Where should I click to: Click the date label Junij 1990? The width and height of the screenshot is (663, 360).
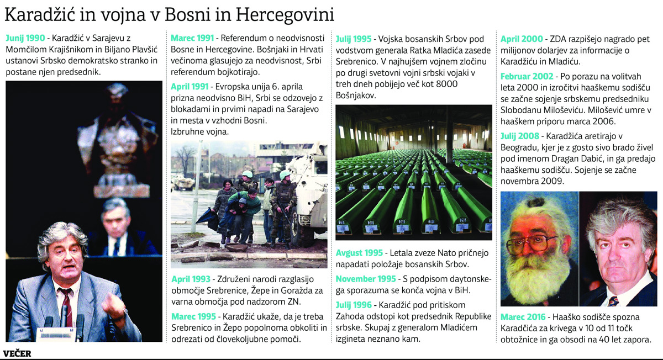pos(25,39)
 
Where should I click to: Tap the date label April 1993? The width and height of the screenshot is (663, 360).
pos(192,279)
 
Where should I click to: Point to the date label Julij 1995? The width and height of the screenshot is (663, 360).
pos(354,39)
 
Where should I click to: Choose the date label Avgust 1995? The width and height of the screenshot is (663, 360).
pos(359,253)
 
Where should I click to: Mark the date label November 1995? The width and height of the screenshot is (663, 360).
pos(366,279)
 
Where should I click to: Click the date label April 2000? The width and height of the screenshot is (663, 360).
pos(522,39)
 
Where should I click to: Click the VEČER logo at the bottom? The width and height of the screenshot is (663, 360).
pos(17,353)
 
